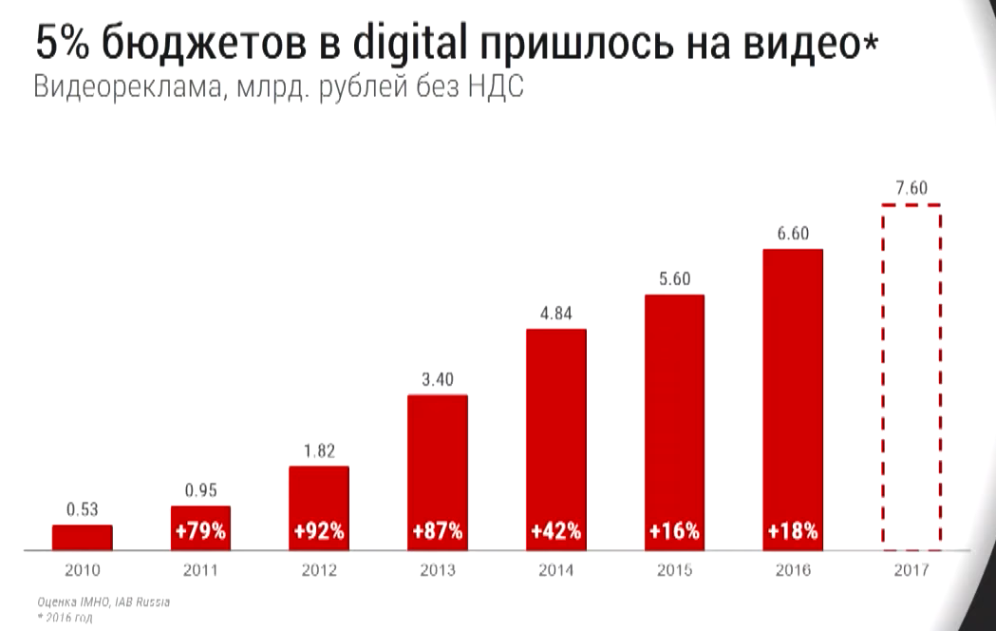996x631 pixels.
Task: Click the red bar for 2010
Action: tap(82, 537)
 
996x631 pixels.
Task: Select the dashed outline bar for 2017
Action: tap(911, 377)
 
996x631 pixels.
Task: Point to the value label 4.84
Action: tap(556, 315)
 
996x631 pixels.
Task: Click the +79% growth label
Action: tap(200, 531)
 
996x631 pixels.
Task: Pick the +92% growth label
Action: tap(319, 531)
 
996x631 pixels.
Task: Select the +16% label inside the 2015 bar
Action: tap(674, 531)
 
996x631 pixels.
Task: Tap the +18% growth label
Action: tap(793, 531)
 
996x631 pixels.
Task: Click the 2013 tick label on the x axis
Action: tap(438, 571)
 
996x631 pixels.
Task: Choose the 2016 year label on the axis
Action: tap(793, 571)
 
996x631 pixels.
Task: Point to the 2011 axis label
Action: tap(200, 571)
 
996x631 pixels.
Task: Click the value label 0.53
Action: tap(82, 510)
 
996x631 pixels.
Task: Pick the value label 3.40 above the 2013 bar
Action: tap(438, 380)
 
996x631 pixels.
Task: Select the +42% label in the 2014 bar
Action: tap(556, 531)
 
